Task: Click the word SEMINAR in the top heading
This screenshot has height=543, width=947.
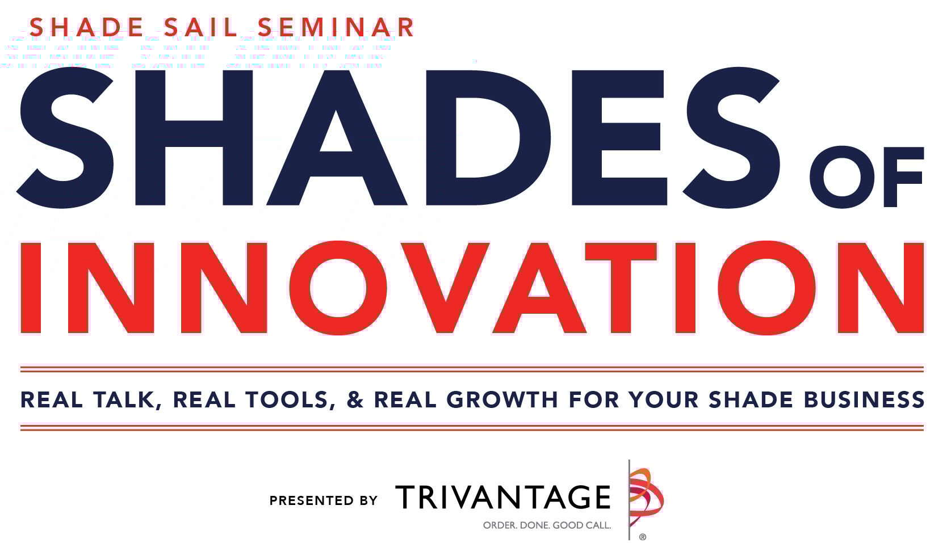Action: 336,28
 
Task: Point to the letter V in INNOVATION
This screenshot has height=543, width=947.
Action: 441,287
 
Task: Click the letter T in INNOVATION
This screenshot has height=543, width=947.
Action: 621,287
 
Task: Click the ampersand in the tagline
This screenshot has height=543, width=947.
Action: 354,399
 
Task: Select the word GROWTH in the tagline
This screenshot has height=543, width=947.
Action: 502,399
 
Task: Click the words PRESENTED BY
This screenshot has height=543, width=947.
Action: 323,500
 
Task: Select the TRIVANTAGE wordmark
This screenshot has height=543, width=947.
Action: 502,497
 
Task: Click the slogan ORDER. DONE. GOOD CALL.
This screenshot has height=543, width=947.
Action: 547,525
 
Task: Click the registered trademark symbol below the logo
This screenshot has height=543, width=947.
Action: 643,536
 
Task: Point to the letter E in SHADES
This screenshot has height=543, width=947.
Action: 618,137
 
